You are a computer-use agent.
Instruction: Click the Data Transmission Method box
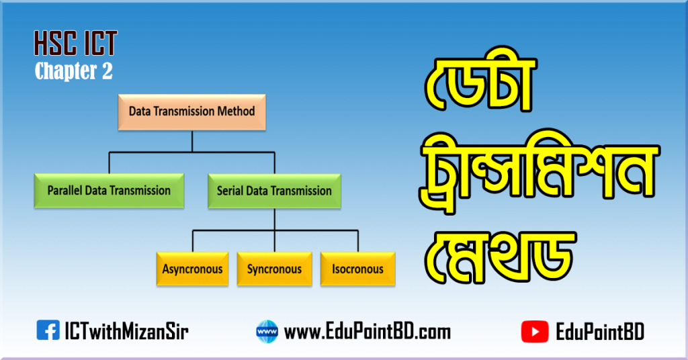pyautogui.click(x=192, y=112)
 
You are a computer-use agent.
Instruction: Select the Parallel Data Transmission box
pyautogui.click(x=109, y=191)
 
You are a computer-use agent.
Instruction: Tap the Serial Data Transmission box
pyautogui.click(x=274, y=191)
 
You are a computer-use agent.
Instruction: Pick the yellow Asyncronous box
pyautogui.click(x=192, y=269)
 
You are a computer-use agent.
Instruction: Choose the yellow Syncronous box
pyautogui.click(x=274, y=269)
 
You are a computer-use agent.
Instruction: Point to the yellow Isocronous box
pyautogui.click(x=357, y=269)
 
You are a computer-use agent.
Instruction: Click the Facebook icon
pyautogui.click(x=47, y=330)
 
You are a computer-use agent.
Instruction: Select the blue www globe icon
pyautogui.click(x=267, y=331)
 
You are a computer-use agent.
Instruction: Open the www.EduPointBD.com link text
pyautogui.click(x=368, y=331)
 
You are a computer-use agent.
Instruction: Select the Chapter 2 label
pyautogui.click(x=74, y=71)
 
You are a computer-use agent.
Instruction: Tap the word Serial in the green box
pyautogui.click(x=230, y=191)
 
